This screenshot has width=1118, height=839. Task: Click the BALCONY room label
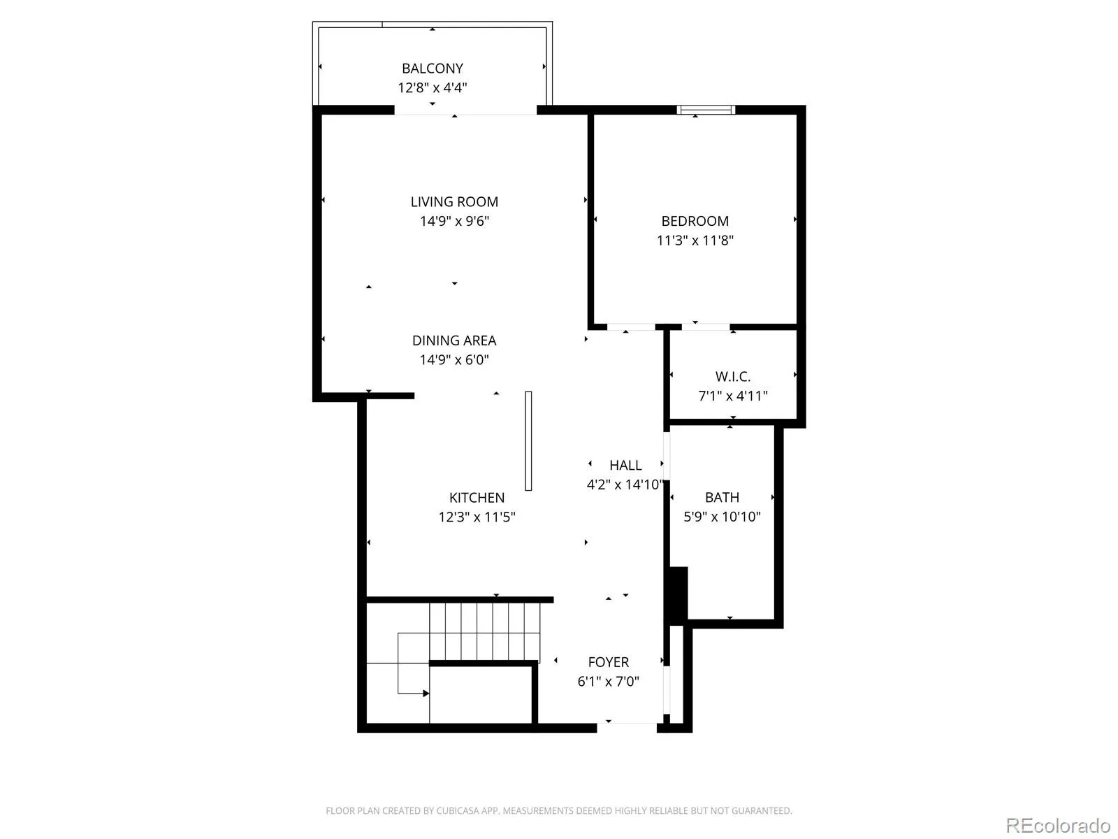click(432, 69)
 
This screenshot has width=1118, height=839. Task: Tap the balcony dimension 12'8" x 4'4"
click(432, 87)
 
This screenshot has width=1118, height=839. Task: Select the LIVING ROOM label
click(454, 202)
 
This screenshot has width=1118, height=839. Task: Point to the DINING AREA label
click(453, 340)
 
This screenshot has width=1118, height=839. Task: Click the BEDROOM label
click(695, 221)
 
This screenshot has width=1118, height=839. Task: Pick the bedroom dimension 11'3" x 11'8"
click(695, 241)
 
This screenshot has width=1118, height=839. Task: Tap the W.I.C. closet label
click(732, 376)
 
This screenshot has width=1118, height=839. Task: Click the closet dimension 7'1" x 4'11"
click(732, 396)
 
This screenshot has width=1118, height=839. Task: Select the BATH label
click(722, 497)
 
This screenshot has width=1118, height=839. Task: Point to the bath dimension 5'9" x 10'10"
click(722, 517)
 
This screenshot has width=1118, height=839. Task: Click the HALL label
click(625, 465)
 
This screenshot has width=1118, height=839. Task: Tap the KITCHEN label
click(477, 498)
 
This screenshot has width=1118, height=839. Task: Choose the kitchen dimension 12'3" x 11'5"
click(477, 517)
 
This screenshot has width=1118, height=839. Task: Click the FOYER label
click(608, 662)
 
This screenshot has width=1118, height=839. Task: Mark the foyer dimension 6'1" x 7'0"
click(608, 682)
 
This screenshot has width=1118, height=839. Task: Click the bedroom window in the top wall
click(706, 110)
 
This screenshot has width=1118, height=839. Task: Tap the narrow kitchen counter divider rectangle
click(528, 441)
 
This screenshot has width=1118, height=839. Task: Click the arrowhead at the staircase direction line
click(426, 694)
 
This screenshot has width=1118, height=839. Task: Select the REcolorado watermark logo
click(1058, 825)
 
